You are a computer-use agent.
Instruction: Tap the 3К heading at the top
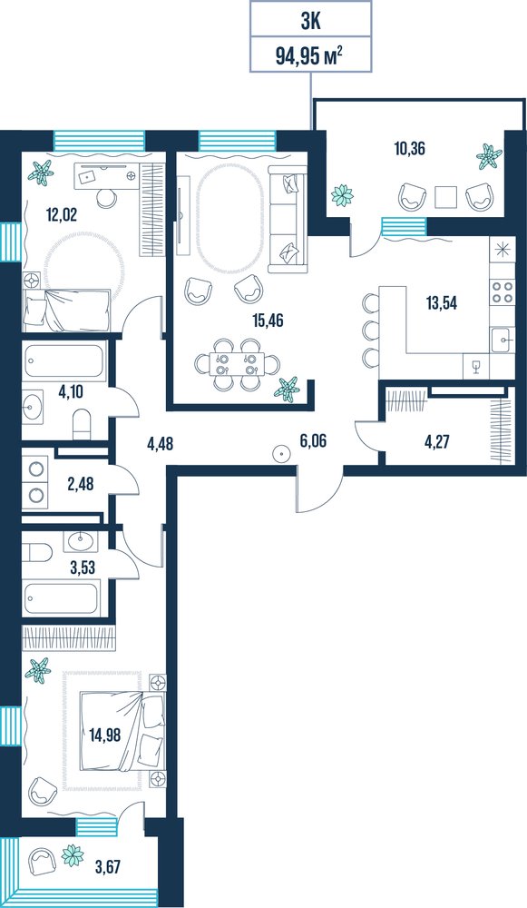(310, 22)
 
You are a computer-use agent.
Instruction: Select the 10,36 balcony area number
(410, 149)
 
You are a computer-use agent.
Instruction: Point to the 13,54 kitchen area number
(442, 302)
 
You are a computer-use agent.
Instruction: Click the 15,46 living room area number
(268, 320)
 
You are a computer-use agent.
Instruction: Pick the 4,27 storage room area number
(437, 442)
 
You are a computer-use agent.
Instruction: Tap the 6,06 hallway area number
(313, 441)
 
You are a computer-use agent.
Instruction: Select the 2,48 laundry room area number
(80, 484)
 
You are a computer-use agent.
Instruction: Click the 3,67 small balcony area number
(109, 867)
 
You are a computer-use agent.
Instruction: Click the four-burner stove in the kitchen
(502, 291)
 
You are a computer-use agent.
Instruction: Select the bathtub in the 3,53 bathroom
(61, 598)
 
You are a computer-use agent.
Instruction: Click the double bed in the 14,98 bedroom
(122, 732)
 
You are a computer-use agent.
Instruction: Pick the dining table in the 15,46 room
(236, 364)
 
